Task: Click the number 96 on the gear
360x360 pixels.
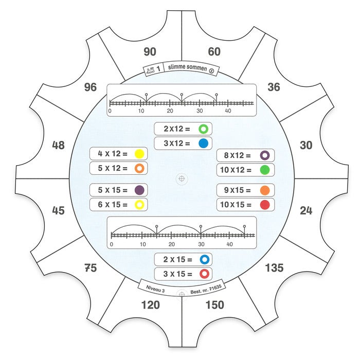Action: coord(91,87)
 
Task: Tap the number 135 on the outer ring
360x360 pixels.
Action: coord(274,268)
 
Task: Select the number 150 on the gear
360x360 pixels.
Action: coord(214,305)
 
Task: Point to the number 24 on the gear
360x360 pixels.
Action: coord(306,210)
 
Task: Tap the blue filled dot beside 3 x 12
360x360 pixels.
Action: coord(204,143)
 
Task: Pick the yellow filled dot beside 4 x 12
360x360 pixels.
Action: coord(139,154)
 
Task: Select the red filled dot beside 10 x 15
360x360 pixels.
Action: coord(265,205)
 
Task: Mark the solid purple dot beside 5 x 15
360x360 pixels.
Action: coord(139,190)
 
